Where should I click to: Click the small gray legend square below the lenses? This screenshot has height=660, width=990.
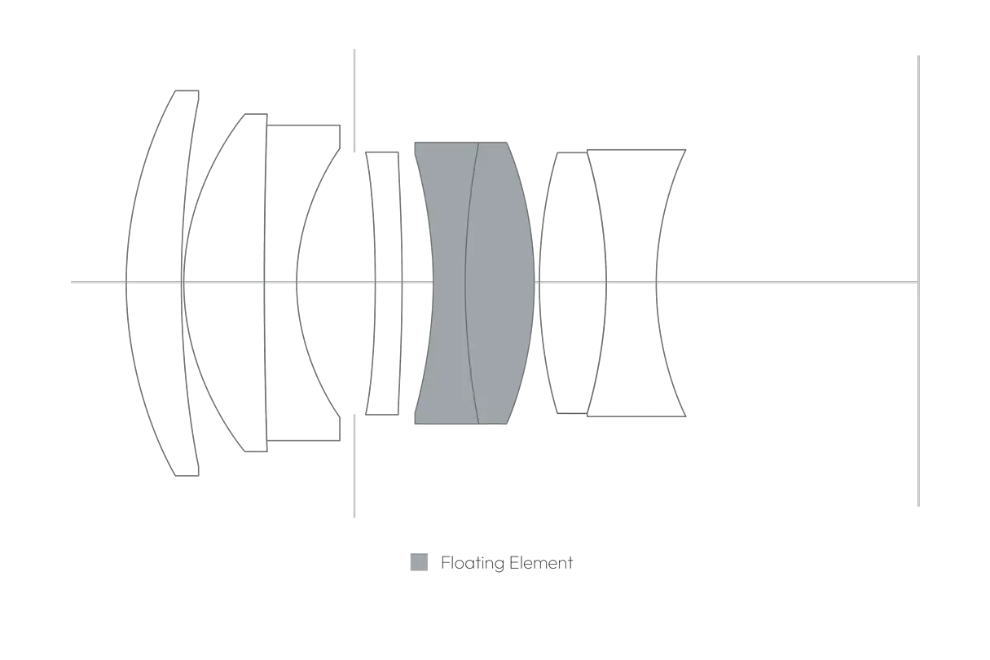tap(419, 561)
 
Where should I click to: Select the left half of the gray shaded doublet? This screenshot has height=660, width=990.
tap(447, 244)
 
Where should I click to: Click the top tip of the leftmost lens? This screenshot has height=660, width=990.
tap(186, 91)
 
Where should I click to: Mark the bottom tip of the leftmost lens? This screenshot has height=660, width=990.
tap(186, 477)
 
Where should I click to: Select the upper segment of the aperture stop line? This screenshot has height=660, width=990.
tap(353, 98)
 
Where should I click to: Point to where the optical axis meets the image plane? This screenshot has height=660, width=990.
tap(919, 280)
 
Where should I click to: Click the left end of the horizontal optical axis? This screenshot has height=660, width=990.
tap(73, 280)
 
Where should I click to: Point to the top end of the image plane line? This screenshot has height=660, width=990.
tap(919, 57)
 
